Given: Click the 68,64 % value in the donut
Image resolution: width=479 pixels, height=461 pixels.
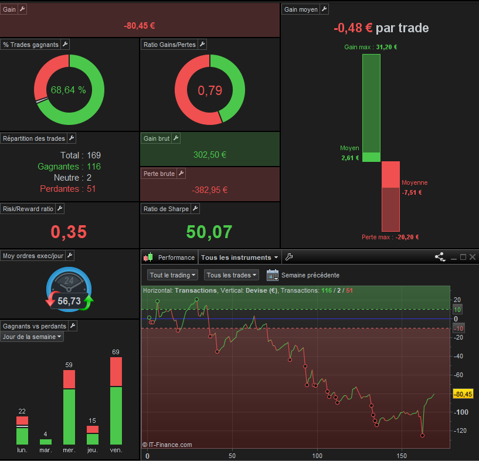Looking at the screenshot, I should (x=68, y=90).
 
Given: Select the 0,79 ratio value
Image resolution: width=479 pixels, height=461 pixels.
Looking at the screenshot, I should (x=209, y=90).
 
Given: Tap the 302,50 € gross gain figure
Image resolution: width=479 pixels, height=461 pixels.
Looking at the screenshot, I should (x=209, y=155).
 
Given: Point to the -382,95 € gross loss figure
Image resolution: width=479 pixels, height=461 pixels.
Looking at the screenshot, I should (x=209, y=189).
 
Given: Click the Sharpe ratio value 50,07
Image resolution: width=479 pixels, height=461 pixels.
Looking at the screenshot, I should (x=209, y=232).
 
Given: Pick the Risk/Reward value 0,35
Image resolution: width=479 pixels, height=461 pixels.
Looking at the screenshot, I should (x=69, y=232).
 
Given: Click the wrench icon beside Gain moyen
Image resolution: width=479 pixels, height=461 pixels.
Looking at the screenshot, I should (x=324, y=9).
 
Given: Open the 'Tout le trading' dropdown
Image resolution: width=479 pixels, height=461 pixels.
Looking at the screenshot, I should (x=173, y=275).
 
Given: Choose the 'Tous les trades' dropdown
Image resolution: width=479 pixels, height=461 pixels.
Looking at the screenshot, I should (x=232, y=275).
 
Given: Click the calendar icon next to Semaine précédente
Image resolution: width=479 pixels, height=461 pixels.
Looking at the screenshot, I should (x=272, y=275).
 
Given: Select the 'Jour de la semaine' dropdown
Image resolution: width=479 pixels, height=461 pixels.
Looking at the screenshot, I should (x=32, y=337).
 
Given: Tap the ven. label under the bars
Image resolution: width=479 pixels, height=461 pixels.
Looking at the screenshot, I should (x=116, y=450).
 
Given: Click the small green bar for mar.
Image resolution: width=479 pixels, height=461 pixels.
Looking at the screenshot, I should (x=46, y=442).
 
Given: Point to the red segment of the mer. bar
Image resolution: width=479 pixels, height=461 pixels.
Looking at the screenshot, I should (x=69, y=379).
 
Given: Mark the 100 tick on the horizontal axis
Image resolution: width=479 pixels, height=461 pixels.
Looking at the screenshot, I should (x=317, y=456).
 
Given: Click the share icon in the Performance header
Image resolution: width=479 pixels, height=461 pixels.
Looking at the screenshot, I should (x=440, y=257).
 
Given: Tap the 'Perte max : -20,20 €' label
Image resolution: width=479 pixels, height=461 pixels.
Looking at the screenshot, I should (x=390, y=237).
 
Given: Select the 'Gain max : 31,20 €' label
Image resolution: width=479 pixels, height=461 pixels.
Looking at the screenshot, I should (x=371, y=48).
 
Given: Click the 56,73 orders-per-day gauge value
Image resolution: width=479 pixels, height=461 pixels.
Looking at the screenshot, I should (x=69, y=301).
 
